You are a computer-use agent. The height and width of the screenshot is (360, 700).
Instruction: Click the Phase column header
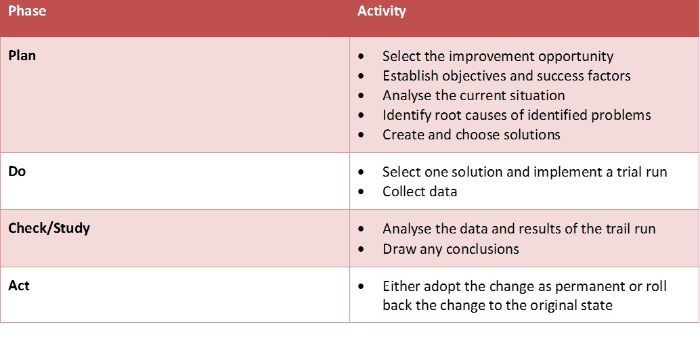click(27, 11)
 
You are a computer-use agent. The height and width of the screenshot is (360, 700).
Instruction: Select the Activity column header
click(382, 11)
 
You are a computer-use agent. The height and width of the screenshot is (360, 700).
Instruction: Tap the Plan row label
click(22, 55)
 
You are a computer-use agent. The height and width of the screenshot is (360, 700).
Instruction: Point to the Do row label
click(17, 171)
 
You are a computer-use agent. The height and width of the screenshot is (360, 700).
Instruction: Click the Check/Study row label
click(49, 229)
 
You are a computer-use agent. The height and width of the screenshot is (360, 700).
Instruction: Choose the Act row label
click(19, 286)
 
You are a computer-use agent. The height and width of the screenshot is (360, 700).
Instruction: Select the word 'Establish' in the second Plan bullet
click(410, 76)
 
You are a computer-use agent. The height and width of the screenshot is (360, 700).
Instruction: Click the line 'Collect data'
click(420, 192)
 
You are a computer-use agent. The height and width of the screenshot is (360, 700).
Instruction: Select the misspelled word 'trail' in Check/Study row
click(615, 229)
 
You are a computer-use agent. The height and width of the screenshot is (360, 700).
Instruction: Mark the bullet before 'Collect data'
click(361, 192)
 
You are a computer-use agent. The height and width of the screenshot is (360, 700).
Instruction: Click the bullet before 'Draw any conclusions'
click(361, 248)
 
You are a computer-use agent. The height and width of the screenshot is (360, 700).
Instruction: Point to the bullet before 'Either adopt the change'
click(361, 286)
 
